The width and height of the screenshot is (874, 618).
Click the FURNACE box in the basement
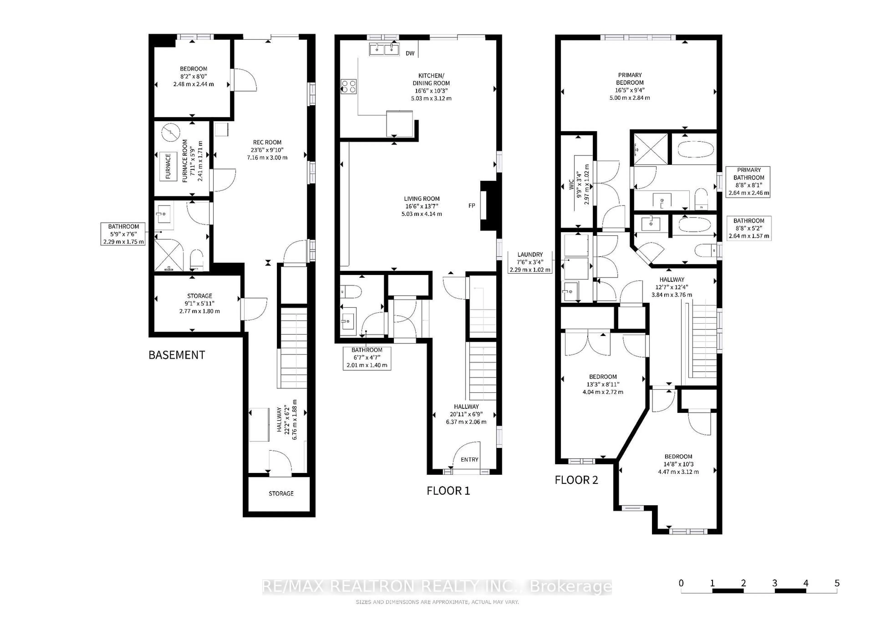pyautogui.click(x=168, y=166)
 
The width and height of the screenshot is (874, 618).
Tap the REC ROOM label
pyautogui.click(x=267, y=142)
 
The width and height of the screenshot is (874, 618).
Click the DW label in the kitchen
pyautogui.click(x=410, y=53)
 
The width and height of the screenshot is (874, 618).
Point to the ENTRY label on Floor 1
pyautogui.click(x=469, y=460)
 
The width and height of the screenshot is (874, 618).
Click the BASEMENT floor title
pyautogui.click(x=177, y=355)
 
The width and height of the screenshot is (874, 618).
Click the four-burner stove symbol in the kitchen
pyautogui.click(x=348, y=86)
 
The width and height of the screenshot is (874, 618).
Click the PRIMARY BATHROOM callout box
pyautogui.click(x=748, y=182)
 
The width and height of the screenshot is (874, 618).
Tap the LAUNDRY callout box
pyautogui.click(x=530, y=262)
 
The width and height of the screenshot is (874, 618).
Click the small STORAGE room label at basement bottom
pyautogui.click(x=281, y=494)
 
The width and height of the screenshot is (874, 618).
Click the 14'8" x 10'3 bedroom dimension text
pyautogui.click(x=678, y=464)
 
